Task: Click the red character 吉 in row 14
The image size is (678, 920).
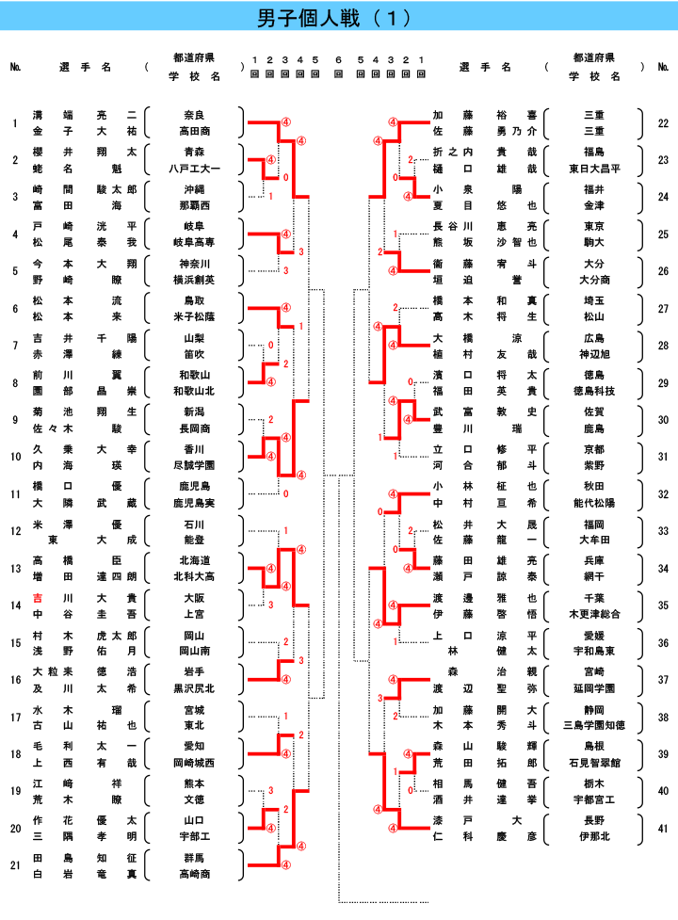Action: [x=38, y=598]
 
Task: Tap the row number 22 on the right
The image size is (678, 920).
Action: [x=663, y=123]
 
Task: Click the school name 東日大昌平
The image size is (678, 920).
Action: [x=594, y=169]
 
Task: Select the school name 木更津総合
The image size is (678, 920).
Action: [x=594, y=613]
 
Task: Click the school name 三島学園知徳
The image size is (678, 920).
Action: [x=594, y=725]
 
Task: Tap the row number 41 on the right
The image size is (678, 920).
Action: [x=663, y=828]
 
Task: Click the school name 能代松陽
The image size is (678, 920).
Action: [x=594, y=502]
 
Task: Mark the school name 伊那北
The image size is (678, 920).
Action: [x=594, y=836]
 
